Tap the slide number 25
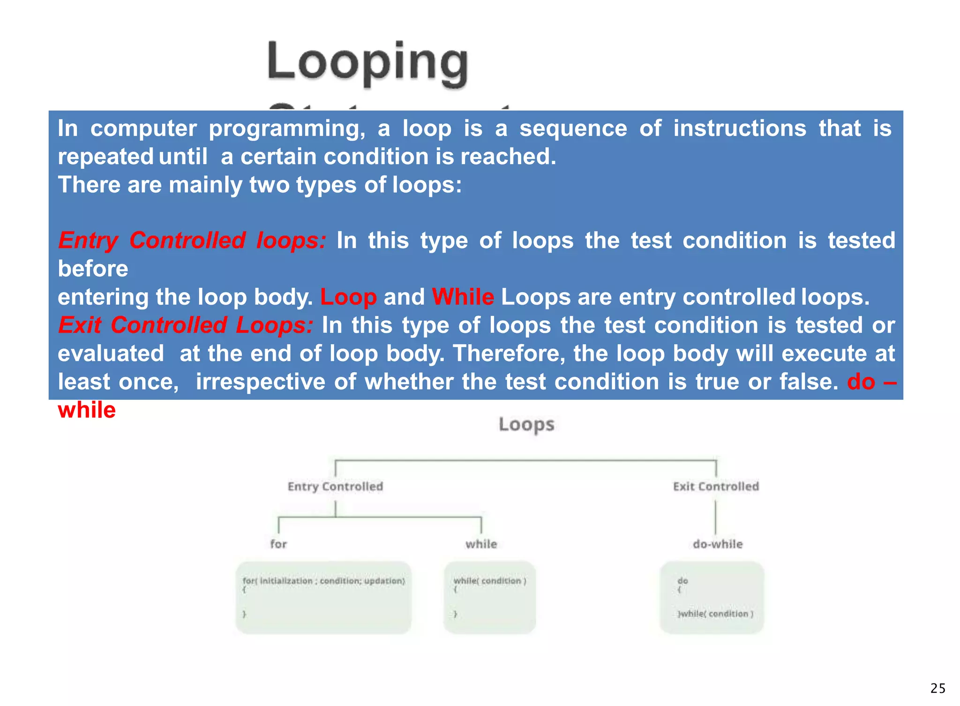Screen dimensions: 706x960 (938, 688)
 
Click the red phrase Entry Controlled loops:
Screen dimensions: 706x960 (192, 240)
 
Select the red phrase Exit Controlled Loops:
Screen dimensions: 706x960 (186, 325)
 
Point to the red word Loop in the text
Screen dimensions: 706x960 (348, 297)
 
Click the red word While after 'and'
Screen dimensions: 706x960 (463, 297)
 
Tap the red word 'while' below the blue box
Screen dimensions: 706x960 (87, 410)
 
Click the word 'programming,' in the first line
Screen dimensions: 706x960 (287, 128)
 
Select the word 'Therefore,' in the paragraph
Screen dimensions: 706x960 (509, 353)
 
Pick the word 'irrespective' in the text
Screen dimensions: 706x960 (260, 382)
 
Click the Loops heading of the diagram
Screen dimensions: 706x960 (526, 424)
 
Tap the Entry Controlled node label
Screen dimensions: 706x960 (335, 487)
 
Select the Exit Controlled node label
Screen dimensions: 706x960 (716, 487)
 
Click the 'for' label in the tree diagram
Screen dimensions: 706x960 (278, 544)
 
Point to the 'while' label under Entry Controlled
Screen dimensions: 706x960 (481, 544)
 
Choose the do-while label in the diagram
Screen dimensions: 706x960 (718, 544)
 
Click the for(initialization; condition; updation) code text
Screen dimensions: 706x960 (323, 581)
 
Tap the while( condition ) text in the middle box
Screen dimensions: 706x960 (490, 581)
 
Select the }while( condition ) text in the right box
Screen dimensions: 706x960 (716, 614)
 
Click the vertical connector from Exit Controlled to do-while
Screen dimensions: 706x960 (715, 517)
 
